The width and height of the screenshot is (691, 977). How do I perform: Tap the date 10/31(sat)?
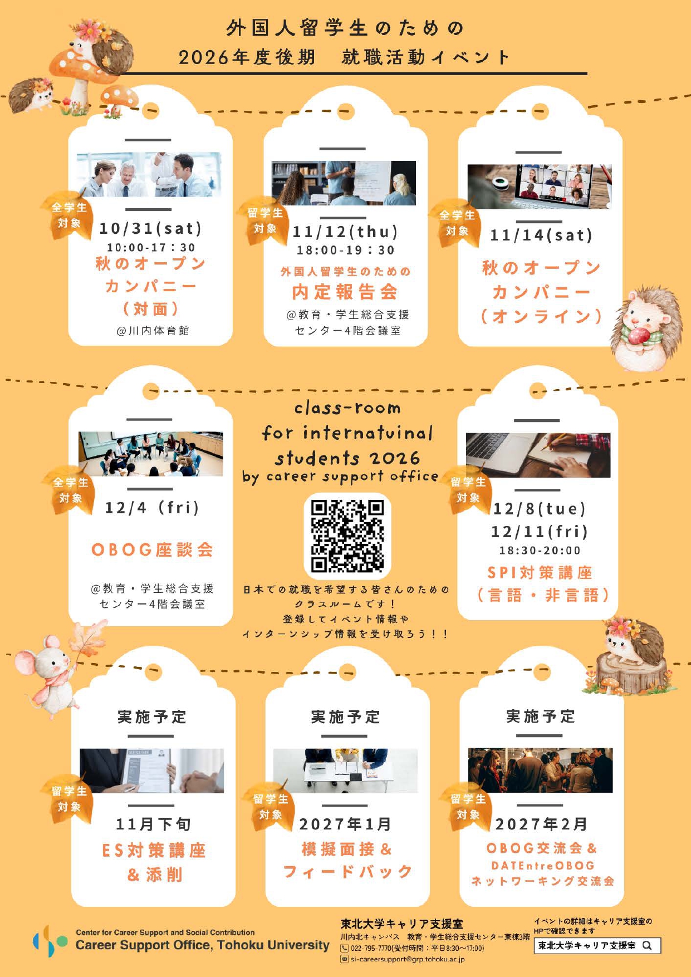point(151,228)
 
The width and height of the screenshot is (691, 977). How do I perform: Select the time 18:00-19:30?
point(346,251)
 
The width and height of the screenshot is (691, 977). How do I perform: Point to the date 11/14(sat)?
point(541,235)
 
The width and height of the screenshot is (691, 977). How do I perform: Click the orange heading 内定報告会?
point(345,292)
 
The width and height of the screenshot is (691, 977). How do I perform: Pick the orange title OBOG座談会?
point(152,550)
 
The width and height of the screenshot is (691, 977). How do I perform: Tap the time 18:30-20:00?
point(540,551)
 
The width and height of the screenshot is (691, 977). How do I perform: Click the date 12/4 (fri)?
point(152,508)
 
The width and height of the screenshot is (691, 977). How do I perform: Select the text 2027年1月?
point(346,824)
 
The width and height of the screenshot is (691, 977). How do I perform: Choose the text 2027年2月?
point(541,824)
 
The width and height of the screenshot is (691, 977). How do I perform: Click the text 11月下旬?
point(153,824)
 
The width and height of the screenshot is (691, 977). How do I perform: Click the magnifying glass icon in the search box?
point(647,945)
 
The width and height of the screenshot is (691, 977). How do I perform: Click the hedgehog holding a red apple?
point(646,328)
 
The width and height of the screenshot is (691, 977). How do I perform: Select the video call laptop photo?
point(540,186)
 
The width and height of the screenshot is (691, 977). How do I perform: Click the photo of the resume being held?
point(151,770)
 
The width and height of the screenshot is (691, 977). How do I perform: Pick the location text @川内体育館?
point(153,331)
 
